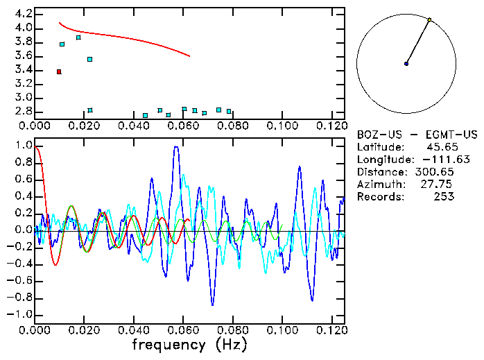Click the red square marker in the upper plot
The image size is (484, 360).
coord(59,71)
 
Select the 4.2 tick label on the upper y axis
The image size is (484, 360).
coord(22,14)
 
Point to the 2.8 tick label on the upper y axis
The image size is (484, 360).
coord(22,111)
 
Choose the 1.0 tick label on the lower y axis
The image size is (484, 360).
coord(22,146)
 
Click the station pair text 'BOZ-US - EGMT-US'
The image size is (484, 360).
coord(408,135)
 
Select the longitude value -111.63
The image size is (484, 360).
coord(434,160)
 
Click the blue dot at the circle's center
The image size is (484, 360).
coord(406,64)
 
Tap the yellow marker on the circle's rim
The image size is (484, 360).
coord(430,19)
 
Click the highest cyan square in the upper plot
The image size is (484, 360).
coord(78,37)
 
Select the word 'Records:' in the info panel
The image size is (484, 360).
coord(379,197)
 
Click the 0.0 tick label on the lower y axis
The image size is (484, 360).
coord(22,230)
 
